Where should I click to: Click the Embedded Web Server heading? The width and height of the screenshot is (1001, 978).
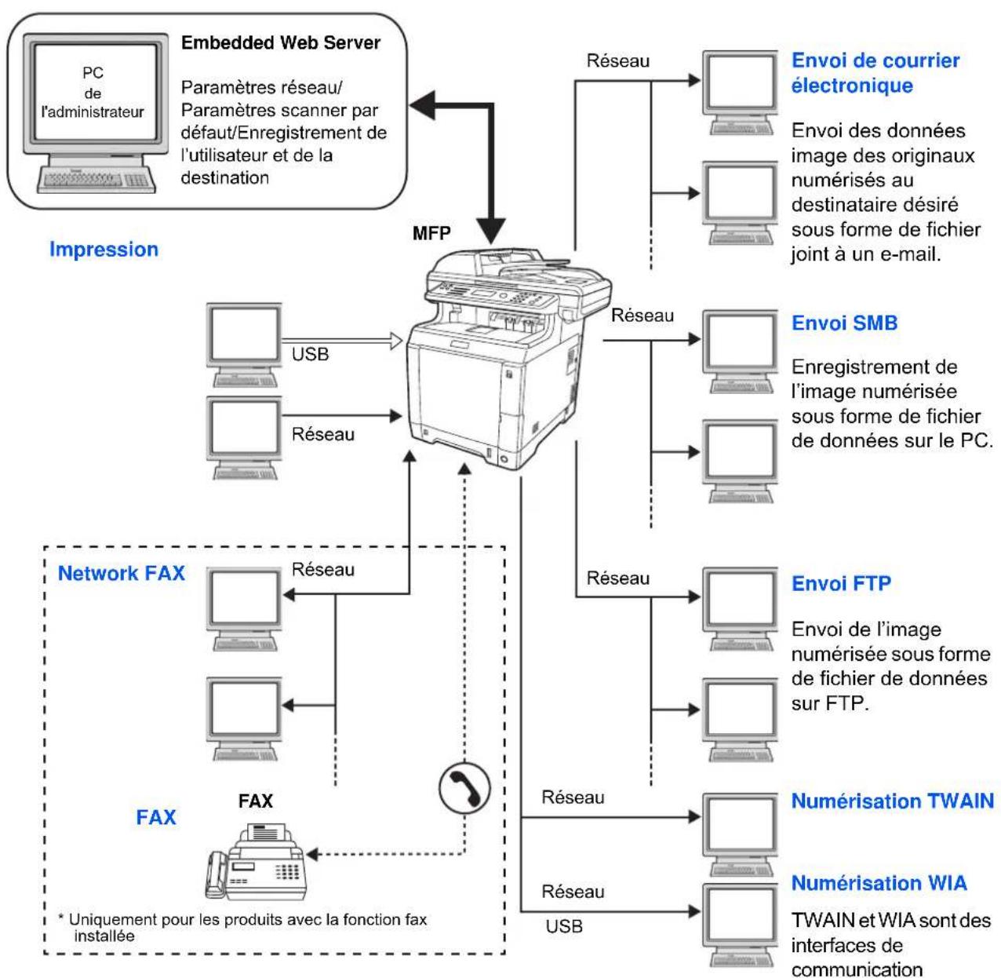coord(280,42)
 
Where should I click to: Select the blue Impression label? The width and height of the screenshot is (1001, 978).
coord(104,249)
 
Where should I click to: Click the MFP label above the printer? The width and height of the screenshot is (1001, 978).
coord(431,233)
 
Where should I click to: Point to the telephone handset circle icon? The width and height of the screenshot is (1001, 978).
coord(464,788)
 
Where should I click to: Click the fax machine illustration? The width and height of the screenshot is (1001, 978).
coord(257,860)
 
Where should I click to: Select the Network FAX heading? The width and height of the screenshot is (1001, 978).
coord(122,573)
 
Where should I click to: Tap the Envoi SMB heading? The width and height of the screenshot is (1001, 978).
coord(844,323)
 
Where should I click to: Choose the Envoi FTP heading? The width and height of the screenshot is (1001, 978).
coord(841,583)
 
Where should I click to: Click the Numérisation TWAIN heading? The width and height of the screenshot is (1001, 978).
coord(893,801)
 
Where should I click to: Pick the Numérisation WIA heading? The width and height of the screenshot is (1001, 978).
coord(879,883)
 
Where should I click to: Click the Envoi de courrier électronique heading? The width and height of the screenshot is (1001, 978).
coord(875,73)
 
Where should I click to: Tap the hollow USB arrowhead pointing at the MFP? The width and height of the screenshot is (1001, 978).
coord(395,340)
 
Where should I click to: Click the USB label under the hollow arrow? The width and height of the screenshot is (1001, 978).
coord(310,354)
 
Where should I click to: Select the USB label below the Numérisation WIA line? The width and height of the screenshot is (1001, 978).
coord(564,926)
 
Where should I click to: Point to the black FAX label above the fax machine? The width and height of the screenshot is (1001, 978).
coord(256,801)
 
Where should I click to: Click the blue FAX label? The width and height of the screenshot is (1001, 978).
coord(156,817)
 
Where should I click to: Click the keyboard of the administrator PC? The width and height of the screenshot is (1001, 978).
coord(96,180)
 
